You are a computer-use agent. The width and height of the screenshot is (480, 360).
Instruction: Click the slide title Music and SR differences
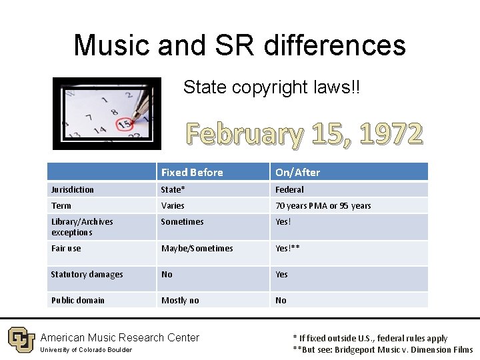click(239, 45)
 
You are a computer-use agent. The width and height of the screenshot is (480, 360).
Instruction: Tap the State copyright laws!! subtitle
click(271, 87)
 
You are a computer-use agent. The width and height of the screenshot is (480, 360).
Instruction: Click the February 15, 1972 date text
click(304, 133)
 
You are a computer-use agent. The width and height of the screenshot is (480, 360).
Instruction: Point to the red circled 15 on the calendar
click(123, 124)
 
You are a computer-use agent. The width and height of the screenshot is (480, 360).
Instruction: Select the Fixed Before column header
click(192, 173)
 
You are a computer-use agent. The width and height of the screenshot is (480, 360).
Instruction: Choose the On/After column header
click(297, 173)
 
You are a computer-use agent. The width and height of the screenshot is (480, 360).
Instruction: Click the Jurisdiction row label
click(73, 190)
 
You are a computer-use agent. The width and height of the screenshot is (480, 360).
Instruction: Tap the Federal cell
click(289, 190)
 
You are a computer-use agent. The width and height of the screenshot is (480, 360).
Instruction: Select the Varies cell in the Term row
click(173, 206)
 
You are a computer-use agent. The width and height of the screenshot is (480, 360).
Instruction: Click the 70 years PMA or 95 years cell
click(323, 206)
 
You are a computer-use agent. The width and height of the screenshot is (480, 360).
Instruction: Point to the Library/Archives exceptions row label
click(82, 227)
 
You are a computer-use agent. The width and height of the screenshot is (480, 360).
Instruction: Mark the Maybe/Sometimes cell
click(197, 249)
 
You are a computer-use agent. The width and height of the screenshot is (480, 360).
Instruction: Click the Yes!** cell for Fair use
click(287, 249)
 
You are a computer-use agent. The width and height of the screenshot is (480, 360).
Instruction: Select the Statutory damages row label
click(87, 275)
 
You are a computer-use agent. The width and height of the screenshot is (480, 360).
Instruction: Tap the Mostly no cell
click(180, 301)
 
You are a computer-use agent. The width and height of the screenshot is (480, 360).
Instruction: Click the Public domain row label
click(77, 301)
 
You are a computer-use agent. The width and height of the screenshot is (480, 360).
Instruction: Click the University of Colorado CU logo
click(21, 340)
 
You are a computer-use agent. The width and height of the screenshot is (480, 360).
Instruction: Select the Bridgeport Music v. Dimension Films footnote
click(383, 349)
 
